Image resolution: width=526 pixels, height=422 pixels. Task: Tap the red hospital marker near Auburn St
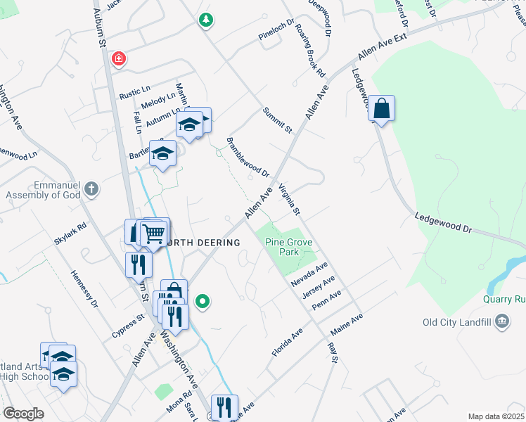pos(120,58)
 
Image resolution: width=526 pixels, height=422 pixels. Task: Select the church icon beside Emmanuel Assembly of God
pos(91,188)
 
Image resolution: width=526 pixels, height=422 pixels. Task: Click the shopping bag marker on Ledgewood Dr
pos(381,109)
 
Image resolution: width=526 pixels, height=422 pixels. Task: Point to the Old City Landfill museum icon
pos(502,322)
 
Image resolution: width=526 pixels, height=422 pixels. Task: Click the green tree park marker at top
pos(205,20)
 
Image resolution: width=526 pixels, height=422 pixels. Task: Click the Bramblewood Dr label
pos(248,157)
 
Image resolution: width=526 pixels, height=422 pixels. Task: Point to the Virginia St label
pos(289,200)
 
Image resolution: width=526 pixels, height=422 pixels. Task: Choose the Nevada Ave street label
pos(310,274)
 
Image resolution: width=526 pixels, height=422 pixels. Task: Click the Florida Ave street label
pos(288,342)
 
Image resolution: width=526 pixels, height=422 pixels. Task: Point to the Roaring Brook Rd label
pos(310,51)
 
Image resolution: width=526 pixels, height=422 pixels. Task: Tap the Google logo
pos(23,414)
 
